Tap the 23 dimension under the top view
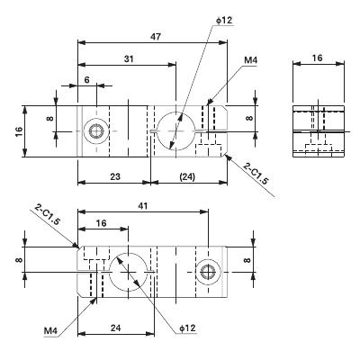115,176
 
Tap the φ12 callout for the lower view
187,328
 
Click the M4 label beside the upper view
251,61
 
